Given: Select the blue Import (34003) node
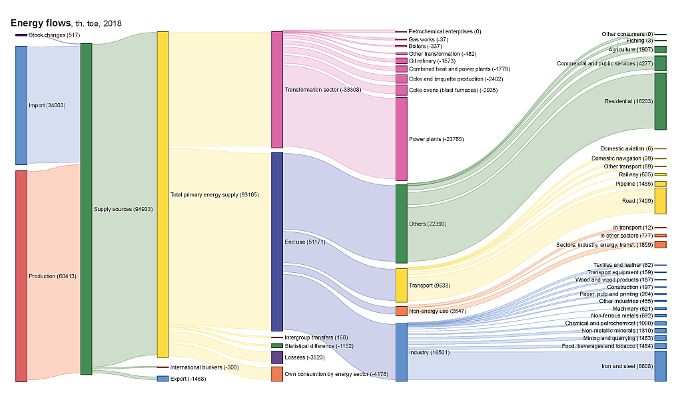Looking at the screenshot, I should pyautogui.click(x=21, y=105).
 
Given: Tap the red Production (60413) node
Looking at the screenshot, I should pyautogui.click(x=21, y=276).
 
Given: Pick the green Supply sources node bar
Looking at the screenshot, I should pyautogui.click(x=86, y=209).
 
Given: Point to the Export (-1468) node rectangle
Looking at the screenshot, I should pyautogui.click(x=163, y=379).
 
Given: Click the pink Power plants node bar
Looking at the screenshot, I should pyautogui.click(x=401, y=138).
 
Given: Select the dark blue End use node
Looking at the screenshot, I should pyautogui.click(x=277, y=242).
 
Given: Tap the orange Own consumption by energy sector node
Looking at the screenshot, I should pyautogui.click(x=277, y=374).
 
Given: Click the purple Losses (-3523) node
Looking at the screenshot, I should pyautogui.click(x=277, y=357).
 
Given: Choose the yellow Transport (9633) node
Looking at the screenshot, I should pyautogui.click(x=401, y=286).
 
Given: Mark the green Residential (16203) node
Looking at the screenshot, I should pyautogui.click(x=660, y=101).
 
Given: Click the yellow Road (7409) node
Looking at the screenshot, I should pyautogui.click(x=660, y=201).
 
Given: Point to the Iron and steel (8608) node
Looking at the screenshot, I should pyautogui.click(x=660, y=366).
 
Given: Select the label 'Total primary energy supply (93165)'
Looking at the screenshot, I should pyautogui.click(x=213, y=195).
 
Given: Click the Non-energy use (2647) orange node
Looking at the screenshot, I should pyautogui.click(x=401, y=311).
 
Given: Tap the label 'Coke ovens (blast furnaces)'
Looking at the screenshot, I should pyautogui.click(x=444, y=90).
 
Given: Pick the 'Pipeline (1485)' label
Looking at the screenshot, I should pyautogui.click(x=634, y=184).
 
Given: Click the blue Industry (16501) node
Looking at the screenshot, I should pyautogui.click(x=401, y=352).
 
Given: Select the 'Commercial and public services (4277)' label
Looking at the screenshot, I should pyautogui.click(x=604, y=63).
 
